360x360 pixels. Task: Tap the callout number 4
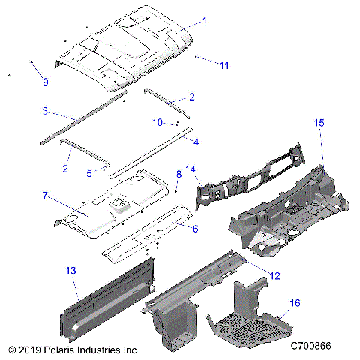point(196,141)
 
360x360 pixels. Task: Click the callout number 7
point(45,195)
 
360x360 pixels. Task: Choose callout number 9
point(44,81)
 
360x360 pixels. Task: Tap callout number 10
point(157,121)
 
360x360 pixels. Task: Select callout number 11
point(224,65)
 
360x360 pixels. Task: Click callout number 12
point(274,276)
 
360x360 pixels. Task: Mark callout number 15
point(319,122)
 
